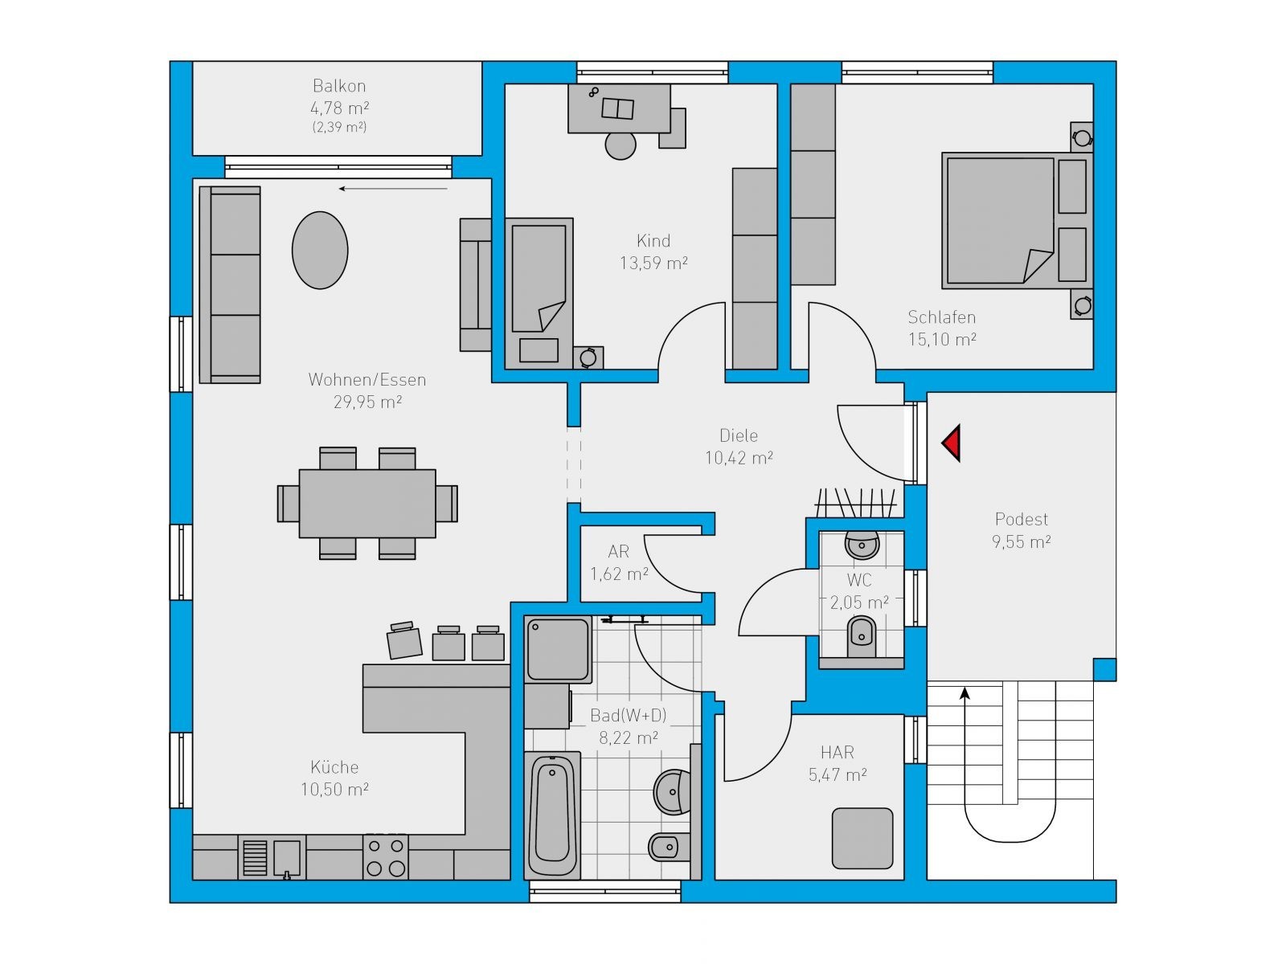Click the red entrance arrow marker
[x=952, y=443]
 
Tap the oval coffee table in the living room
[x=320, y=250]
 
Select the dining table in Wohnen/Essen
[x=367, y=504]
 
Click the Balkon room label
[x=339, y=86]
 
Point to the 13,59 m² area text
[x=653, y=263]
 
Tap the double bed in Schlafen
[x=1017, y=221]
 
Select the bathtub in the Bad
[x=552, y=816]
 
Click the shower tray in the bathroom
[x=558, y=648]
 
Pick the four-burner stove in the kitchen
[x=386, y=857]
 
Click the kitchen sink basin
[x=286, y=858]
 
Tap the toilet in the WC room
[x=862, y=636]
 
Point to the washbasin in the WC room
[x=862, y=545]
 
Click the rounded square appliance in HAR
[x=862, y=838]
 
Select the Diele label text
[x=739, y=435]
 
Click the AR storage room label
[x=619, y=551]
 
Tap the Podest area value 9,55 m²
[x=1022, y=542]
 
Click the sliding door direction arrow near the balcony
[x=393, y=189]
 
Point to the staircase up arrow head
[x=965, y=693]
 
